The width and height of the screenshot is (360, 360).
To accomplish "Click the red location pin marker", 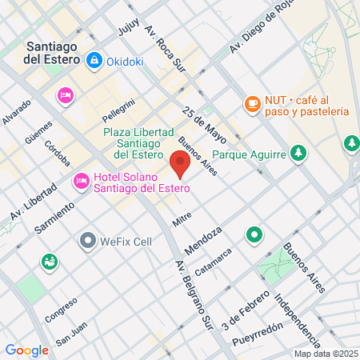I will click(x=179, y=163).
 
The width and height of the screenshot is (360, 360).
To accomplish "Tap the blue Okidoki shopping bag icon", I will click(x=95, y=59).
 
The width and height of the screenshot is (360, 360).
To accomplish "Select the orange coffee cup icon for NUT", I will click(x=252, y=103).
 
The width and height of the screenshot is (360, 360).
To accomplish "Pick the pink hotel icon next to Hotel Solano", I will click(x=81, y=182).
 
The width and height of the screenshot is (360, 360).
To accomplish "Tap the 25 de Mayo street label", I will click(x=201, y=119).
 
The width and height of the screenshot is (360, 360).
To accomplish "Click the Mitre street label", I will click(x=181, y=217).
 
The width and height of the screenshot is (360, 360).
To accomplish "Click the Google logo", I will click(x=26, y=350).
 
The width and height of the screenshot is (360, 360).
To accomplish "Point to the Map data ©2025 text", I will click(x=324, y=354).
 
